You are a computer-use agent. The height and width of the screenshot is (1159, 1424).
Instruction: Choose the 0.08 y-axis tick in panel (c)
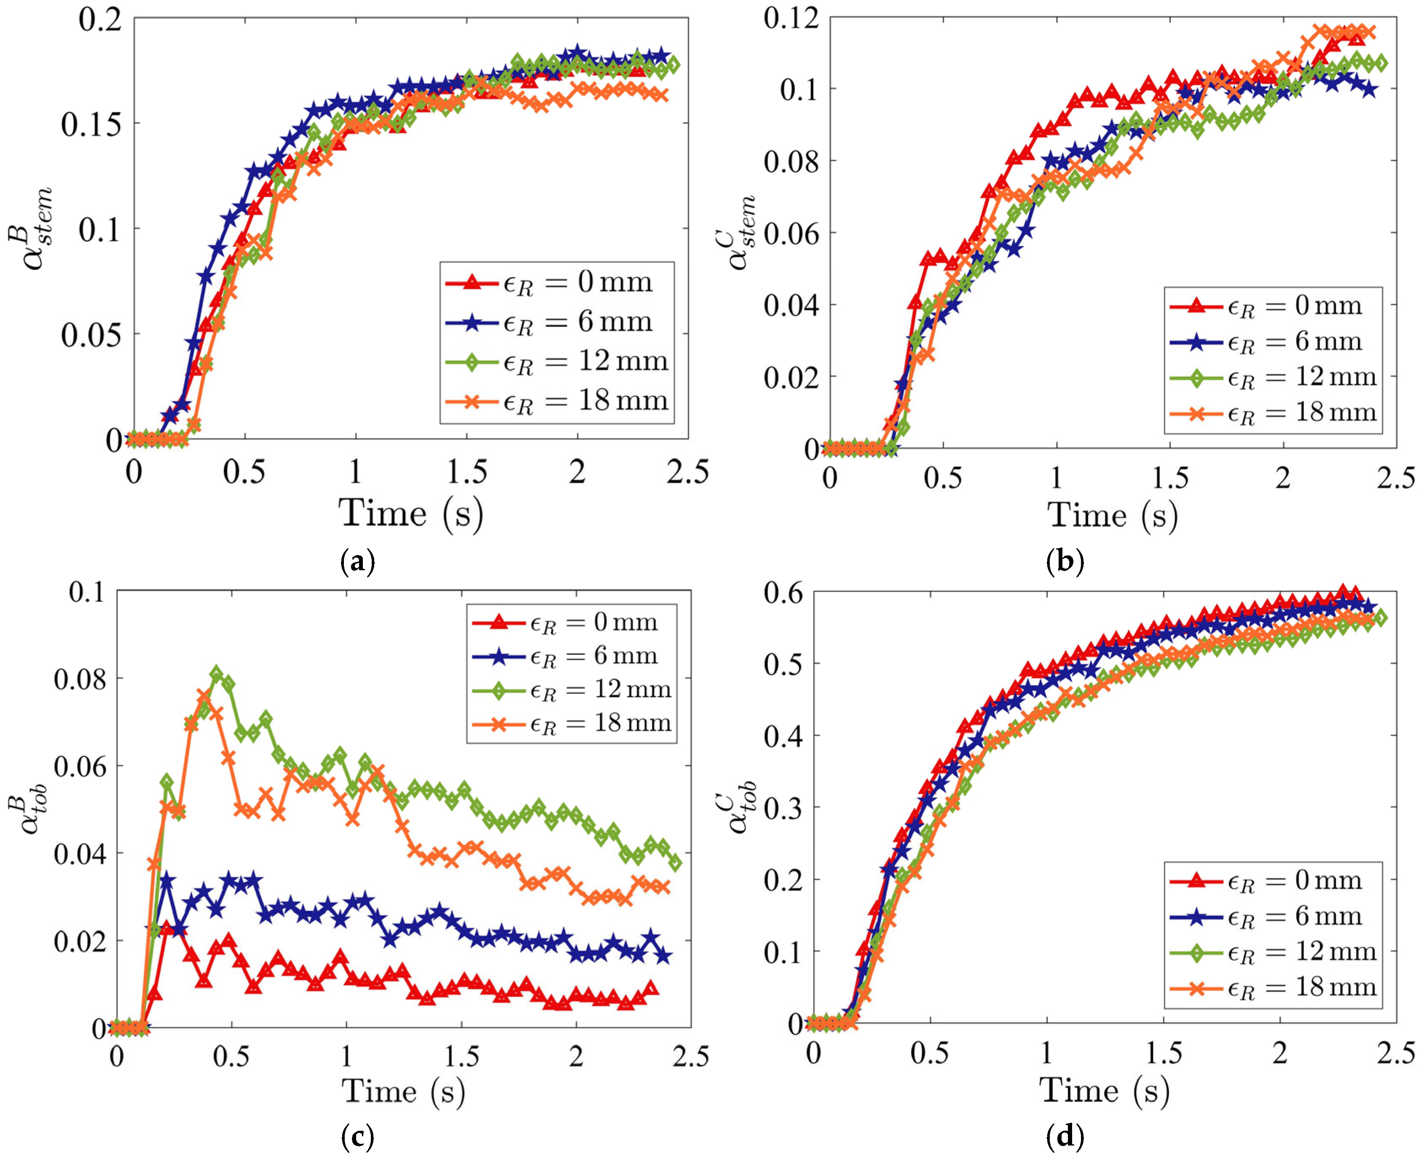tap(80, 679)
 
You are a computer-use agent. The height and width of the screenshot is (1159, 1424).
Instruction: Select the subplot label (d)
tap(1065, 1136)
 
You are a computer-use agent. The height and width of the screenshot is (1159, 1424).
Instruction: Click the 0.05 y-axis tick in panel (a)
tap(92, 335)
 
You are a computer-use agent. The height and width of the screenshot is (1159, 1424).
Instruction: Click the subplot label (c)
tap(357, 1136)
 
